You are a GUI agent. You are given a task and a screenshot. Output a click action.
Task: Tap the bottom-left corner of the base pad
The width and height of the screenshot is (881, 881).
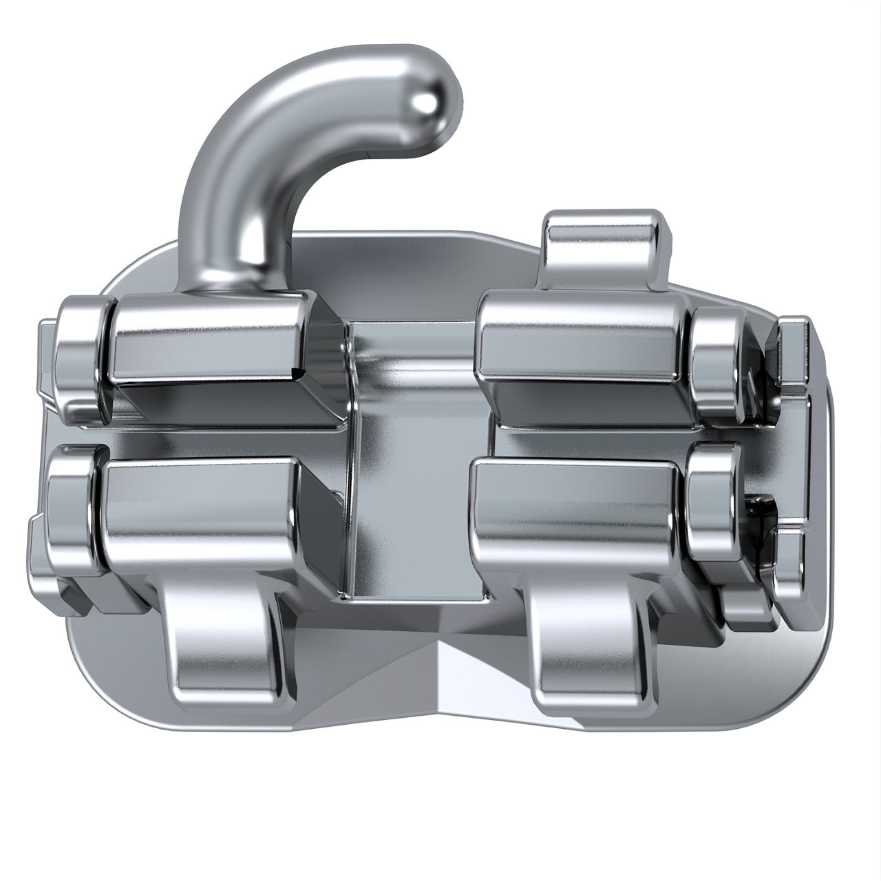click(x=96, y=695)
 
